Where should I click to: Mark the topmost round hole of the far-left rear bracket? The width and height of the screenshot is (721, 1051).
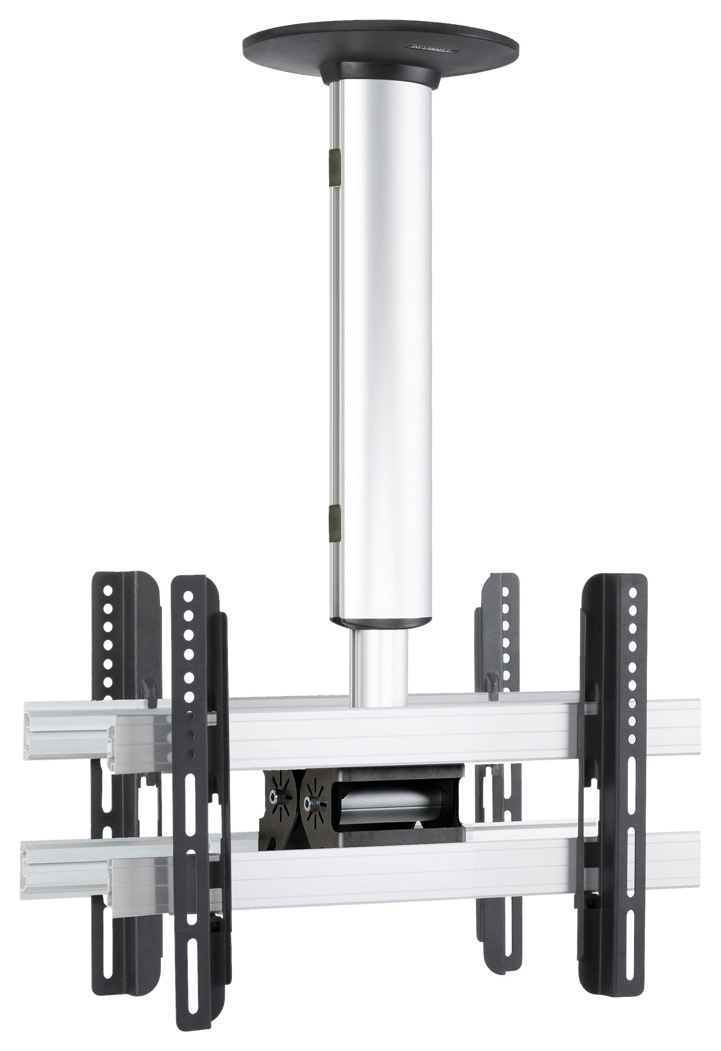107,591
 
